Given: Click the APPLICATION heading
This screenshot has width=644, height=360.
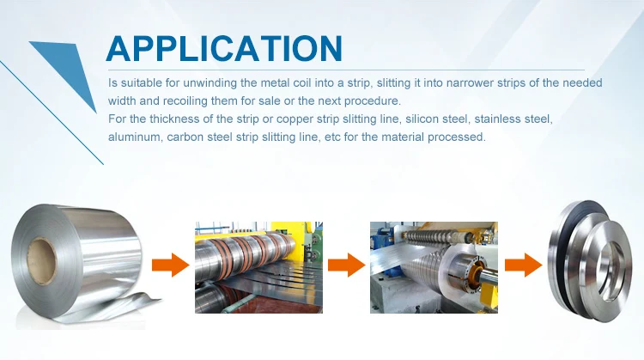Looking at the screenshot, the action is [224, 48].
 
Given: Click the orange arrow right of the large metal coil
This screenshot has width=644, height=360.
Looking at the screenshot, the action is [171, 265].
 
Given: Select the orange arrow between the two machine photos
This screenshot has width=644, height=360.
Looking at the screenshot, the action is [346, 265].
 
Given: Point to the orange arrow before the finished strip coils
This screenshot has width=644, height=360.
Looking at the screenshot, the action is [523, 265].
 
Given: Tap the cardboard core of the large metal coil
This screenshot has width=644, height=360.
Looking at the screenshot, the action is [41, 261].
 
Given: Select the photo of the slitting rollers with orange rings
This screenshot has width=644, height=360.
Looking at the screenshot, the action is [258, 267].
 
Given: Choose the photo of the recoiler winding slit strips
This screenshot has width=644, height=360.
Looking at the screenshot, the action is [434, 267].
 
